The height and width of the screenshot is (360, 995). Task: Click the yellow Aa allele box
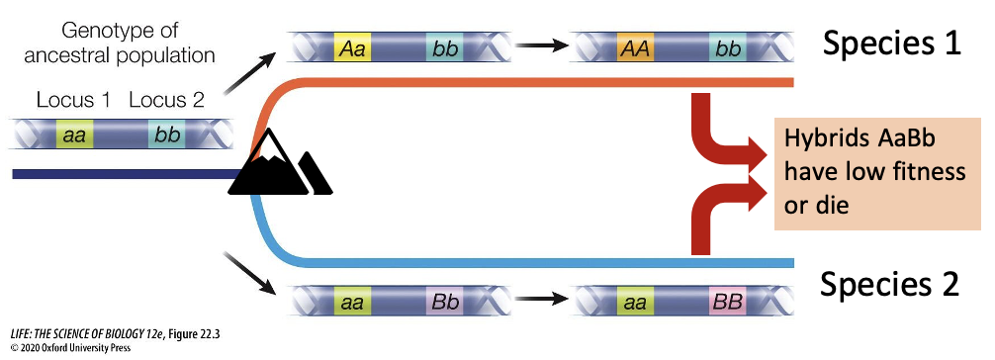point(351,46)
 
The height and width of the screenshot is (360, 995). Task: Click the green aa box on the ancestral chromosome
point(74,134)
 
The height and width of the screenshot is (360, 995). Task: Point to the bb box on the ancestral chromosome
point(165,134)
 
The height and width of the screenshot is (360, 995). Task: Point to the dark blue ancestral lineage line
point(119,174)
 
